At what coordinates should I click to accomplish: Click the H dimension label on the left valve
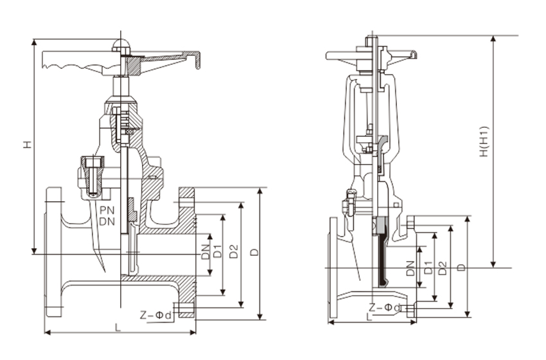26,145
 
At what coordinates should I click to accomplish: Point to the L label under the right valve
368,317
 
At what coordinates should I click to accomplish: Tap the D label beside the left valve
254,252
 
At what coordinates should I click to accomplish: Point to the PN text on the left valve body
107,210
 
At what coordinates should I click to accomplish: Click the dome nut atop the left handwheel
121,45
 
